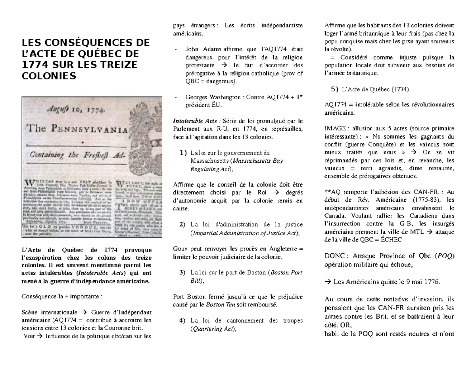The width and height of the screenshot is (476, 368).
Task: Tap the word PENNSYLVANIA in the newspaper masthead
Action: [x=92, y=130]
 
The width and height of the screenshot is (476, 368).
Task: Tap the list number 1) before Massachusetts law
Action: [x=182, y=153]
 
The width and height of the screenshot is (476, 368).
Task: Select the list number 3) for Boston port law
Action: [x=182, y=273]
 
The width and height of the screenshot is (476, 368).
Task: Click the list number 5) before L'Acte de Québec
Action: [x=334, y=89]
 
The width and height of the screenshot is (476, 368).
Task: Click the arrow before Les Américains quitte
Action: [x=328, y=282]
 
